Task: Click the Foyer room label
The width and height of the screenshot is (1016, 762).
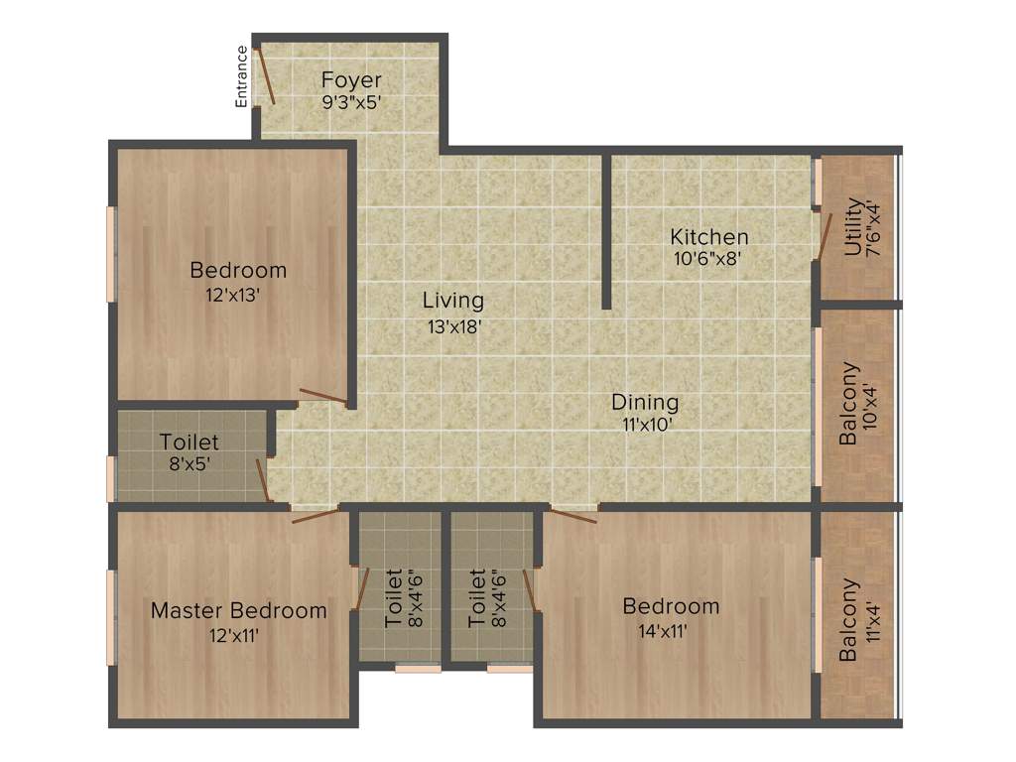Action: [x=351, y=79]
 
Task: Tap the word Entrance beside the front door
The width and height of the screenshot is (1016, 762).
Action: [x=241, y=75]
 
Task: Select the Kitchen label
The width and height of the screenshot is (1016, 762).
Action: [x=708, y=237]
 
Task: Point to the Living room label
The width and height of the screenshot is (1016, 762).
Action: [x=452, y=300]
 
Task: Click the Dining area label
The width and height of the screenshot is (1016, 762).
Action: [x=645, y=403]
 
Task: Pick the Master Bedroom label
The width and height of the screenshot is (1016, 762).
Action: [x=238, y=610]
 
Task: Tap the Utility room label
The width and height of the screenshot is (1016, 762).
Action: [x=853, y=228]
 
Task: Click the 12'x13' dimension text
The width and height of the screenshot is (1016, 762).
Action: [x=238, y=295]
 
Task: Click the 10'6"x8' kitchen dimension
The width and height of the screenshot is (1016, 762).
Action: [x=708, y=259]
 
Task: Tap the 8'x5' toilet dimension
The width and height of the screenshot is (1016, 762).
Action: [x=189, y=463]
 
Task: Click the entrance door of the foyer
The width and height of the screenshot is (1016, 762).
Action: [x=265, y=73]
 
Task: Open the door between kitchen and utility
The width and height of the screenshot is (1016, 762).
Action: [x=823, y=234]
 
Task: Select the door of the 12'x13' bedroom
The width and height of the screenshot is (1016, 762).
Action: [x=322, y=397]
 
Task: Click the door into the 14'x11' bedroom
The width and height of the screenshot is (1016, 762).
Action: [x=572, y=514]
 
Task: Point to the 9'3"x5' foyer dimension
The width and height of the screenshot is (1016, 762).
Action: [x=351, y=101]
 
